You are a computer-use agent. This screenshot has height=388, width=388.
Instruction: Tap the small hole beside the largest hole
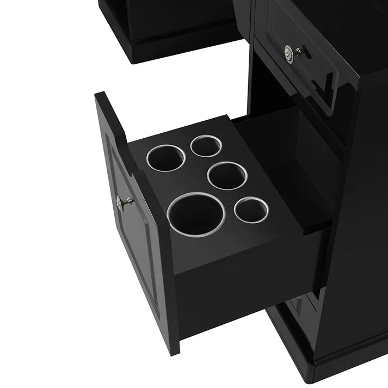coord(251,210)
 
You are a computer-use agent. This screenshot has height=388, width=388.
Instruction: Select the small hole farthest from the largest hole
coord(206,145)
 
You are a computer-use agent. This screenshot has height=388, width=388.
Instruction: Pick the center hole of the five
coord(227,175)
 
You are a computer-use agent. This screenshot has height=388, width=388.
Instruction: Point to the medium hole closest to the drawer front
coord(165,157)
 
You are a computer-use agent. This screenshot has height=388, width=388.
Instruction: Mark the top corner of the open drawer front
coord(101,95)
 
